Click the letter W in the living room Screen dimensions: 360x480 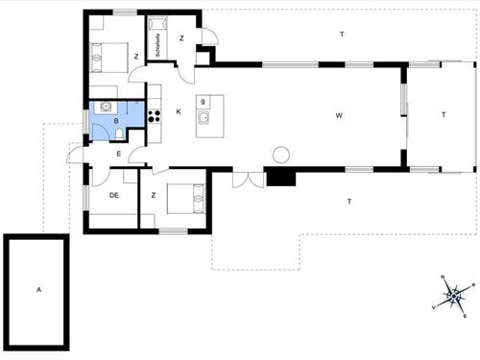[x=339, y=116]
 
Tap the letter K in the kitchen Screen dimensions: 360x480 [x=180, y=111]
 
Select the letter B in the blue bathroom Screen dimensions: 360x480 [x=115, y=122]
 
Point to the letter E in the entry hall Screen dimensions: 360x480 [x=118, y=153]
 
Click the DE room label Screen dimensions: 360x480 [x=113, y=195]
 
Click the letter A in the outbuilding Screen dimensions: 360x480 [x=38, y=288]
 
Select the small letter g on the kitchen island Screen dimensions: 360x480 [x=204, y=101]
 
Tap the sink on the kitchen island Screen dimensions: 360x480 [x=204, y=118]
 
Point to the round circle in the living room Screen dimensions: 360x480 [x=281, y=154]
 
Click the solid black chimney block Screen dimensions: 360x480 [x=281, y=178]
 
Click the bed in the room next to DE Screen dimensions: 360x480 [x=184, y=200]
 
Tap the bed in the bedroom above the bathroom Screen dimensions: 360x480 [x=108, y=56]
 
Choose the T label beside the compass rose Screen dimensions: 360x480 [x=349, y=202]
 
